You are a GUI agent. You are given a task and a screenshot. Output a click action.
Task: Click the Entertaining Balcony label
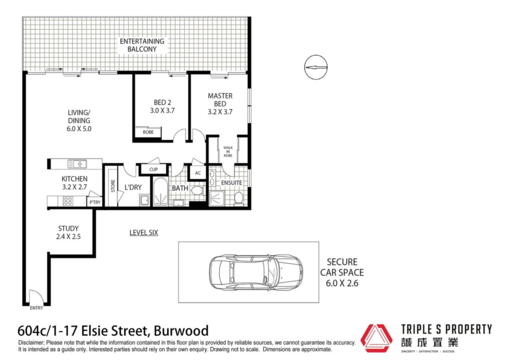142,45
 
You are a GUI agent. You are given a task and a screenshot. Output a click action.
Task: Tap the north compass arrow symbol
316,67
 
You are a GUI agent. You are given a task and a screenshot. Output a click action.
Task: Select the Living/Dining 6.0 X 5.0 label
79,121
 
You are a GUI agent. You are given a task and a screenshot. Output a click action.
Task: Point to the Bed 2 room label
163,106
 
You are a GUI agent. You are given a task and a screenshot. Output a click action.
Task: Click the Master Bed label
220,104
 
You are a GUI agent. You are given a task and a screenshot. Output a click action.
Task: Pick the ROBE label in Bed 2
148,132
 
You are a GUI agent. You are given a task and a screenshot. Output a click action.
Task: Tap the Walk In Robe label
228,152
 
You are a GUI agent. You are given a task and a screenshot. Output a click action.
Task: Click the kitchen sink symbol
77,164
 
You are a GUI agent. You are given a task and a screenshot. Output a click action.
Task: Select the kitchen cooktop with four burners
68,201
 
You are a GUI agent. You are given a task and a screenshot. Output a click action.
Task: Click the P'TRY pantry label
95,202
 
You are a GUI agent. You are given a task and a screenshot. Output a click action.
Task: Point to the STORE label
113,186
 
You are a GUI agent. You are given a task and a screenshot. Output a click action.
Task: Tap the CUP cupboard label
154,170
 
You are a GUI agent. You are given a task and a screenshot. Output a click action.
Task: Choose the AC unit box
198,173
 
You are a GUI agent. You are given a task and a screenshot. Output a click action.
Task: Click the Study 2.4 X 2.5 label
68,232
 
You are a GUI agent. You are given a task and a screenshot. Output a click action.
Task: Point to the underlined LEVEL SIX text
144,233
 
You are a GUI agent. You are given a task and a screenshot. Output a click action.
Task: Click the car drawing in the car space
256,271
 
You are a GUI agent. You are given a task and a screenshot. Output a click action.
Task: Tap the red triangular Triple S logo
377,338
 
